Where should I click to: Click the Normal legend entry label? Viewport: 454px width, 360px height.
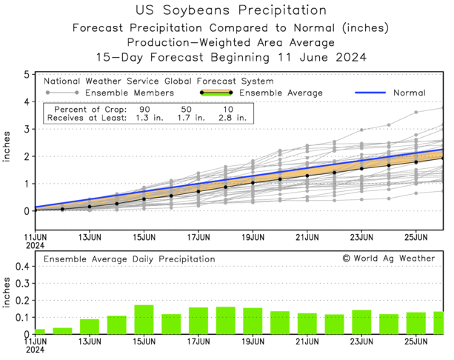click(x=410, y=93)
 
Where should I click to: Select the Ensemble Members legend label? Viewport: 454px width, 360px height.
click(x=130, y=93)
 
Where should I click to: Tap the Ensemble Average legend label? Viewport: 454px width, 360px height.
click(x=281, y=93)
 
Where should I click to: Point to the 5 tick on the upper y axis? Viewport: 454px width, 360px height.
click(x=27, y=75)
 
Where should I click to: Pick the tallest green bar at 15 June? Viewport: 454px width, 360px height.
click(x=144, y=319)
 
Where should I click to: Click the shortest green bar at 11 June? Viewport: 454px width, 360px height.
click(x=40, y=331)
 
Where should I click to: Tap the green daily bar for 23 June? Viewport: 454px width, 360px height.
click(x=361, y=322)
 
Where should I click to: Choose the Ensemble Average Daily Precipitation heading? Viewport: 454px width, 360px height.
click(x=129, y=259)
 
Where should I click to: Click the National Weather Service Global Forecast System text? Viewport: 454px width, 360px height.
click(x=158, y=81)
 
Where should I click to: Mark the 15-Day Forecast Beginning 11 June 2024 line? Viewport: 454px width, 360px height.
click(x=231, y=57)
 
